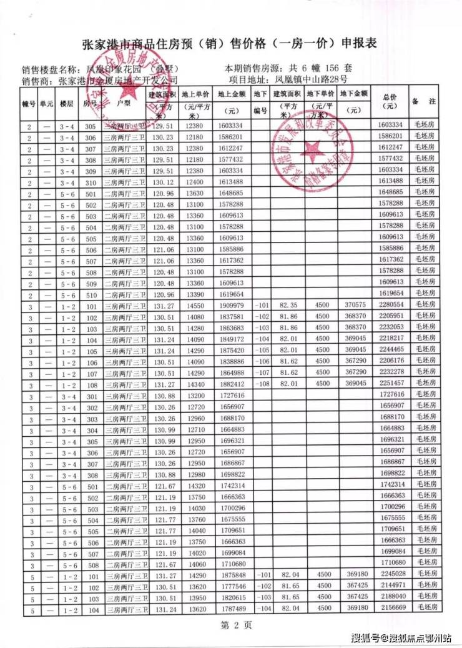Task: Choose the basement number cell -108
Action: coord(260,384)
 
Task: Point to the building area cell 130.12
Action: coord(160,182)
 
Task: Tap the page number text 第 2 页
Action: coord(230,626)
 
